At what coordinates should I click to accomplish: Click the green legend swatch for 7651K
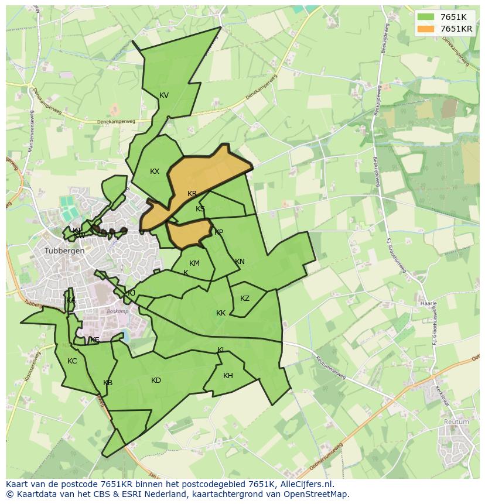(x=426, y=17)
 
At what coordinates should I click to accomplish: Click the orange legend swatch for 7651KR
(x=426, y=29)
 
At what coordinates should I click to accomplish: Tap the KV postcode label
(x=164, y=95)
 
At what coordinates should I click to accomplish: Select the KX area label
(x=155, y=172)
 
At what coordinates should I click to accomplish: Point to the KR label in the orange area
(x=192, y=194)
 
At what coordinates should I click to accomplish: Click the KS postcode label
(x=200, y=209)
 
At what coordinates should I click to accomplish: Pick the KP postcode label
(x=218, y=232)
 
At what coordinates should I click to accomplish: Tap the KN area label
(x=240, y=262)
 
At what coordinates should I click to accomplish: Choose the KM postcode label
(x=194, y=263)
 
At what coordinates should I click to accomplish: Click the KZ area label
(x=245, y=299)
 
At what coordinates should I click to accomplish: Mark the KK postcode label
(x=221, y=313)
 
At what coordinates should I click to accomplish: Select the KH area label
(x=228, y=376)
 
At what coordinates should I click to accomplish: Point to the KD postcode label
(x=156, y=380)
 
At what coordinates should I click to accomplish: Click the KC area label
(x=72, y=361)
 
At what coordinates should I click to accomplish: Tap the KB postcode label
(x=108, y=383)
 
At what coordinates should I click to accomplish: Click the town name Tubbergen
(x=64, y=251)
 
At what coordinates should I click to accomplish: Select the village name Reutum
(x=456, y=421)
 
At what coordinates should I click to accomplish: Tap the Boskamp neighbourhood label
(x=117, y=311)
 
